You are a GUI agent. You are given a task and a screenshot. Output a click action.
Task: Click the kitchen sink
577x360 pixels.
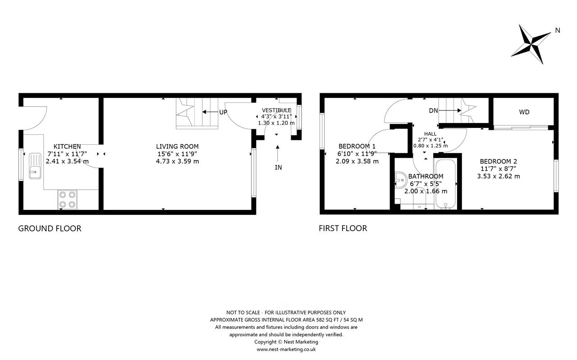click(35, 166)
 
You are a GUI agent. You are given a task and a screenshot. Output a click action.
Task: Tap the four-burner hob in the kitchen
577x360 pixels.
click(67, 200)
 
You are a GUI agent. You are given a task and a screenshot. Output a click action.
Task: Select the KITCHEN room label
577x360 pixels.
click(67, 146)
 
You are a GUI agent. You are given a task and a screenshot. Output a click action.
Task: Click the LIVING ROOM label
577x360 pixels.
click(177, 146)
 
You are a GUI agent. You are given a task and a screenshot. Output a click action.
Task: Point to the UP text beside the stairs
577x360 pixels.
click(223, 112)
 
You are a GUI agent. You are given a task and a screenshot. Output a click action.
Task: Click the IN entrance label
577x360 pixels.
click(278, 168)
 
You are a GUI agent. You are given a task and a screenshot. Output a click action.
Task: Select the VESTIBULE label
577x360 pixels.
click(276, 110)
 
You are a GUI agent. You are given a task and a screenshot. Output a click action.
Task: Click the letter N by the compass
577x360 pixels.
click(558, 30)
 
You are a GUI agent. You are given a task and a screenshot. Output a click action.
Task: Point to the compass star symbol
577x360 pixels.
click(531, 44)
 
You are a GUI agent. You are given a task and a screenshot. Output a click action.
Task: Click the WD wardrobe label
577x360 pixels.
click(524, 112)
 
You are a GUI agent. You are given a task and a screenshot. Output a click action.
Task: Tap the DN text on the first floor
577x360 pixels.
click(433, 111)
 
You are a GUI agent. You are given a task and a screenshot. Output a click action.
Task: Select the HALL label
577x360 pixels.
click(430, 134)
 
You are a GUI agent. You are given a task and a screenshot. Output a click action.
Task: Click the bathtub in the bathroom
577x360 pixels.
click(445, 184)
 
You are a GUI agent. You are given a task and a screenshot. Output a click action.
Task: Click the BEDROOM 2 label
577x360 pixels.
click(499, 161)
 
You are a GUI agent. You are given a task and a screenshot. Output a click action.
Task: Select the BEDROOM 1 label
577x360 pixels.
click(357, 146)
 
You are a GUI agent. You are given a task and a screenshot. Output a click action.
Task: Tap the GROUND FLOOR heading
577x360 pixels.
click(50, 228)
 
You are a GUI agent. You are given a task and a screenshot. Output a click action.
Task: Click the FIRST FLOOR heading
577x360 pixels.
click(343, 228)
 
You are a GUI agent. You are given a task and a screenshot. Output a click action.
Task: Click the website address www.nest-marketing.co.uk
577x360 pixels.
click(286, 350)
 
